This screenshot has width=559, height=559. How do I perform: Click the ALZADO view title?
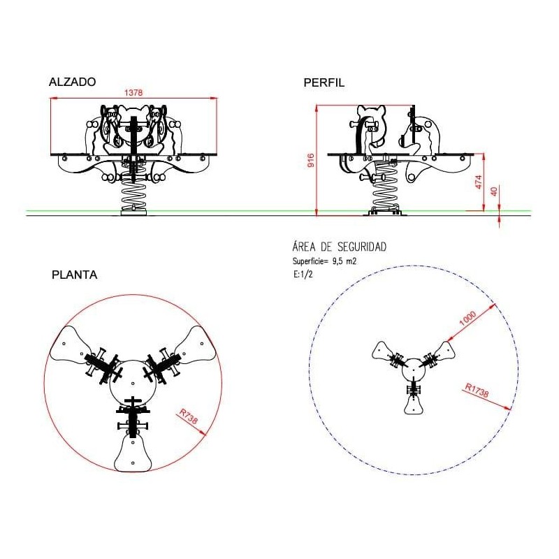pyautogui.click(x=73, y=82)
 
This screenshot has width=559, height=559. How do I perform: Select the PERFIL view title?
pyautogui.click(x=324, y=82)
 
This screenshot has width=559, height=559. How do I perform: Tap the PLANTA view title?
pyautogui.click(x=75, y=275)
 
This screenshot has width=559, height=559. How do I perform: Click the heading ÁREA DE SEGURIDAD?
pyautogui.click(x=340, y=247)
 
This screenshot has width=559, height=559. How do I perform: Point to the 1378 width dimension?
pyautogui.click(x=133, y=93)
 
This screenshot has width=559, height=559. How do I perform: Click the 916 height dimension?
pyautogui.click(x=311, y=161)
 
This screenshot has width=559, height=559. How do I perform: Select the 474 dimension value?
pyautogui.click(x=479, y=182)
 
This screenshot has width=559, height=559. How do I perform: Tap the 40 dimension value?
pyautogui.click(x=494, y=191)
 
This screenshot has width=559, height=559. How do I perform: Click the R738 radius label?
pyautogui.click(x=188, y=416)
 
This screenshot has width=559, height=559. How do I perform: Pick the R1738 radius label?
pyautogui.click(x=477, y=390)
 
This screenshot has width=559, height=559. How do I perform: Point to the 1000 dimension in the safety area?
pyautogui.click(x=467, y=319)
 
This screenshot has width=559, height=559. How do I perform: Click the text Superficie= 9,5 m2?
pyautogui.click(x=324, y=261)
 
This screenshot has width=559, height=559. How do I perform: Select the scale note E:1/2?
pyautogui.click(x=303, y=275)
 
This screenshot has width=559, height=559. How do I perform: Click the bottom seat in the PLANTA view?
pyautogui.click(x=133, y=452)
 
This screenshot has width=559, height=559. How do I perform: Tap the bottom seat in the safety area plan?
pyautogui.click(x=414, y=405)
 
